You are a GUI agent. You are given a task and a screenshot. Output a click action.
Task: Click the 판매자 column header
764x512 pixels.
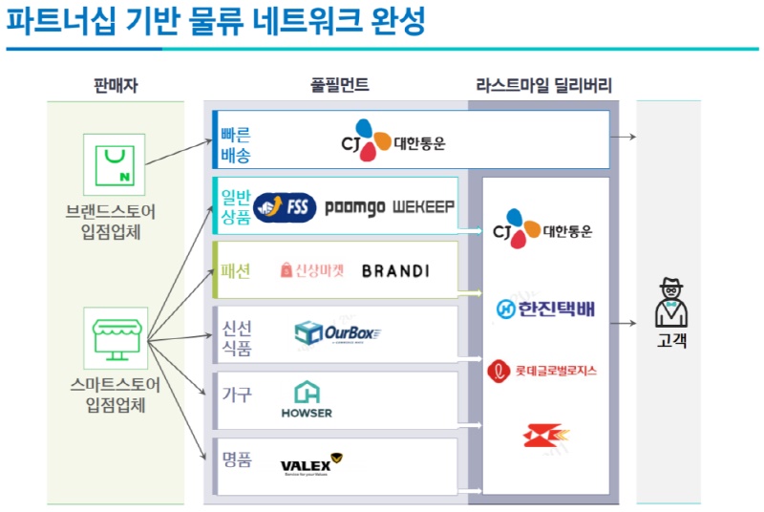(117, 86)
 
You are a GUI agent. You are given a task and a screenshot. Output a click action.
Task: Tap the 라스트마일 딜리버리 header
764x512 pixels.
(544, 86)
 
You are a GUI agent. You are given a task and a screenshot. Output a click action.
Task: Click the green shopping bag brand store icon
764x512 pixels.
(115, 164)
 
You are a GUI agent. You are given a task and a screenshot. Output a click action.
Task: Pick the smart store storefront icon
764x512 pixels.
(115, 337)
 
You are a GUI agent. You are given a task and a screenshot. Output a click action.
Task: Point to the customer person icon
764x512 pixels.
(670, 302)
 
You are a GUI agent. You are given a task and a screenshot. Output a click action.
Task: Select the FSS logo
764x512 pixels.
(284, 206)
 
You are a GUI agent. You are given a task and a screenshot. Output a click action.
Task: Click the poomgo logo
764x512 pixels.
(353, 206)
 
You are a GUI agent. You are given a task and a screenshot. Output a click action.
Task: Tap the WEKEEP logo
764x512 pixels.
(423, 206)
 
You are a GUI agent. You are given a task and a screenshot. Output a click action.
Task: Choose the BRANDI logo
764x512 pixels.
(395, 271)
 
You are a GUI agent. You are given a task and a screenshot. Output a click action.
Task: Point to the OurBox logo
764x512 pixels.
(338, 333)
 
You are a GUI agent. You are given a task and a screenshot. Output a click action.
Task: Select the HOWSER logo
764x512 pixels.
(307, 399)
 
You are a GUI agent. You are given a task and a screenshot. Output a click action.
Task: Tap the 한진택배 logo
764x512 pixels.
(544, 309)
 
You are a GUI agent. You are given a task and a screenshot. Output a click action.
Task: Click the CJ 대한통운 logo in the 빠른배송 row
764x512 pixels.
(393, 141)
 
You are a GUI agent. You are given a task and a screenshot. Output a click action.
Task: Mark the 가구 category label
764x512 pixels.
(236, 394)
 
